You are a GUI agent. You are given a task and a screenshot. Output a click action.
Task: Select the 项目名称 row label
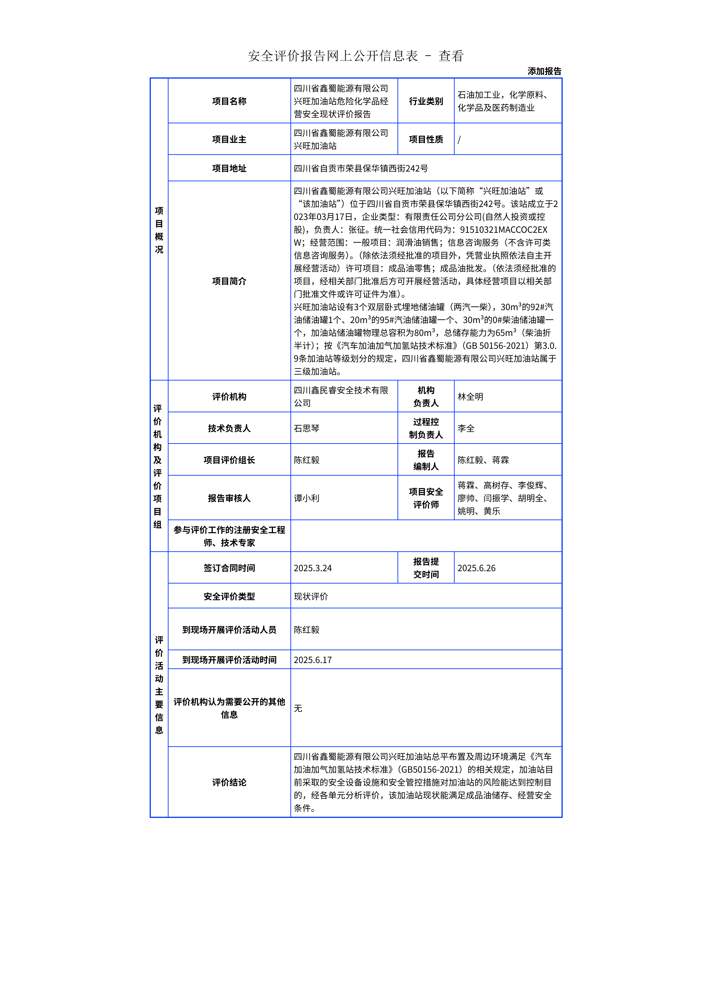229,101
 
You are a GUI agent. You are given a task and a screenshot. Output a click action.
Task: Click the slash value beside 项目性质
459,140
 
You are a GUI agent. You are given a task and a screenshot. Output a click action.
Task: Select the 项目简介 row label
229,281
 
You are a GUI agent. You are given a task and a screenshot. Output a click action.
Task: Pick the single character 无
298,708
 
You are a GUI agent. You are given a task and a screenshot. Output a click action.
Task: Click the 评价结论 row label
229,782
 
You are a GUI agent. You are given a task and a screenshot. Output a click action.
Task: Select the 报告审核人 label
229,498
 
